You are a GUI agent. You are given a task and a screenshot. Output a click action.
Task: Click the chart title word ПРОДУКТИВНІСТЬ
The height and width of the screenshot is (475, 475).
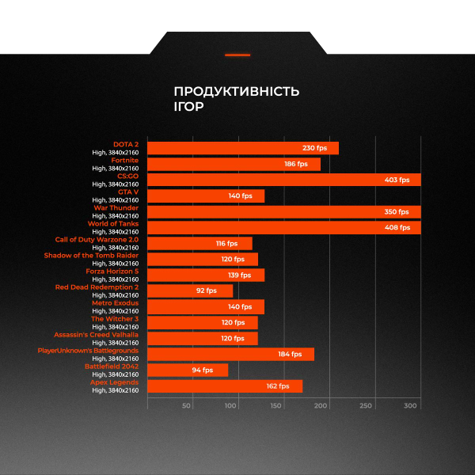coord(236,91)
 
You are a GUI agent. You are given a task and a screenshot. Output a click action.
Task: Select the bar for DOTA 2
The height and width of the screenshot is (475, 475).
coord(242,148)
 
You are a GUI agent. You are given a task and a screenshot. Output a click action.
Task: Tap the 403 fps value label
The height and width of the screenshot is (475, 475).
coord(397,180)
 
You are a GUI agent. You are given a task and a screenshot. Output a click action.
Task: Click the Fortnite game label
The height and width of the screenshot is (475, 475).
coord(124,160)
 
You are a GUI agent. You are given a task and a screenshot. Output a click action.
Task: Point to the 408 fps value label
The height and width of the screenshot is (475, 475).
coord(397,227)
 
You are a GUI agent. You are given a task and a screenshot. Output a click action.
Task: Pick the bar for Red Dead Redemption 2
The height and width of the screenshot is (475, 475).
coord(190,291)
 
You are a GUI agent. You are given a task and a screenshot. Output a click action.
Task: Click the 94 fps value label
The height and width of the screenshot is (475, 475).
coord(202,370)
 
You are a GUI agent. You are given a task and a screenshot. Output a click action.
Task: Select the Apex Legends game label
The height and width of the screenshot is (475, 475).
coord(114,382)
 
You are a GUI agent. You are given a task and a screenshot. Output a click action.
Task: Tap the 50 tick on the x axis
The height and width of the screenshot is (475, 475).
coord(187,405)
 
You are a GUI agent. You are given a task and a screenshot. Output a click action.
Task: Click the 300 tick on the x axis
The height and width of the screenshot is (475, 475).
coord(410,405)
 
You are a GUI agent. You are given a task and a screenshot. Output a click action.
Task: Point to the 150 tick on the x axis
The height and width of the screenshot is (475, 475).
coord(275,405)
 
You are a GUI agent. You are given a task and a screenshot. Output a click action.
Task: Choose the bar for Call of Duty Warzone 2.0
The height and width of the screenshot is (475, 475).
coord(199,243)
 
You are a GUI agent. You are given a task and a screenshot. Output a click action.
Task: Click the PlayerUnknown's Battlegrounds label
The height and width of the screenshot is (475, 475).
coord(88,350)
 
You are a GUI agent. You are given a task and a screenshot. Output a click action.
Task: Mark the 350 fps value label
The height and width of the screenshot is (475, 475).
coord(397,211)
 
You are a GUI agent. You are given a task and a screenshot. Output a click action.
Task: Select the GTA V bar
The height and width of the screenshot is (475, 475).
coord(206,196)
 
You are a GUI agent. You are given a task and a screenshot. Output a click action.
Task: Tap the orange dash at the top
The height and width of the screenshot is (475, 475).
coord(237,55)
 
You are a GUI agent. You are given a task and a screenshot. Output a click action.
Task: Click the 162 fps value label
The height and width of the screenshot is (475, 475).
coord(278,386)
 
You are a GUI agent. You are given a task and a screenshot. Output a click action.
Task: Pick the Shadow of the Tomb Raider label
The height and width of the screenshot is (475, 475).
coord(91,255)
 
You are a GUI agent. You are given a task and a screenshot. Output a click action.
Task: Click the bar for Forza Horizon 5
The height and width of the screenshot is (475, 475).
coord(206,275)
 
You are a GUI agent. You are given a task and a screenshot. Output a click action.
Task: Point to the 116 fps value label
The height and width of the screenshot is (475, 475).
coord(226,243)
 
